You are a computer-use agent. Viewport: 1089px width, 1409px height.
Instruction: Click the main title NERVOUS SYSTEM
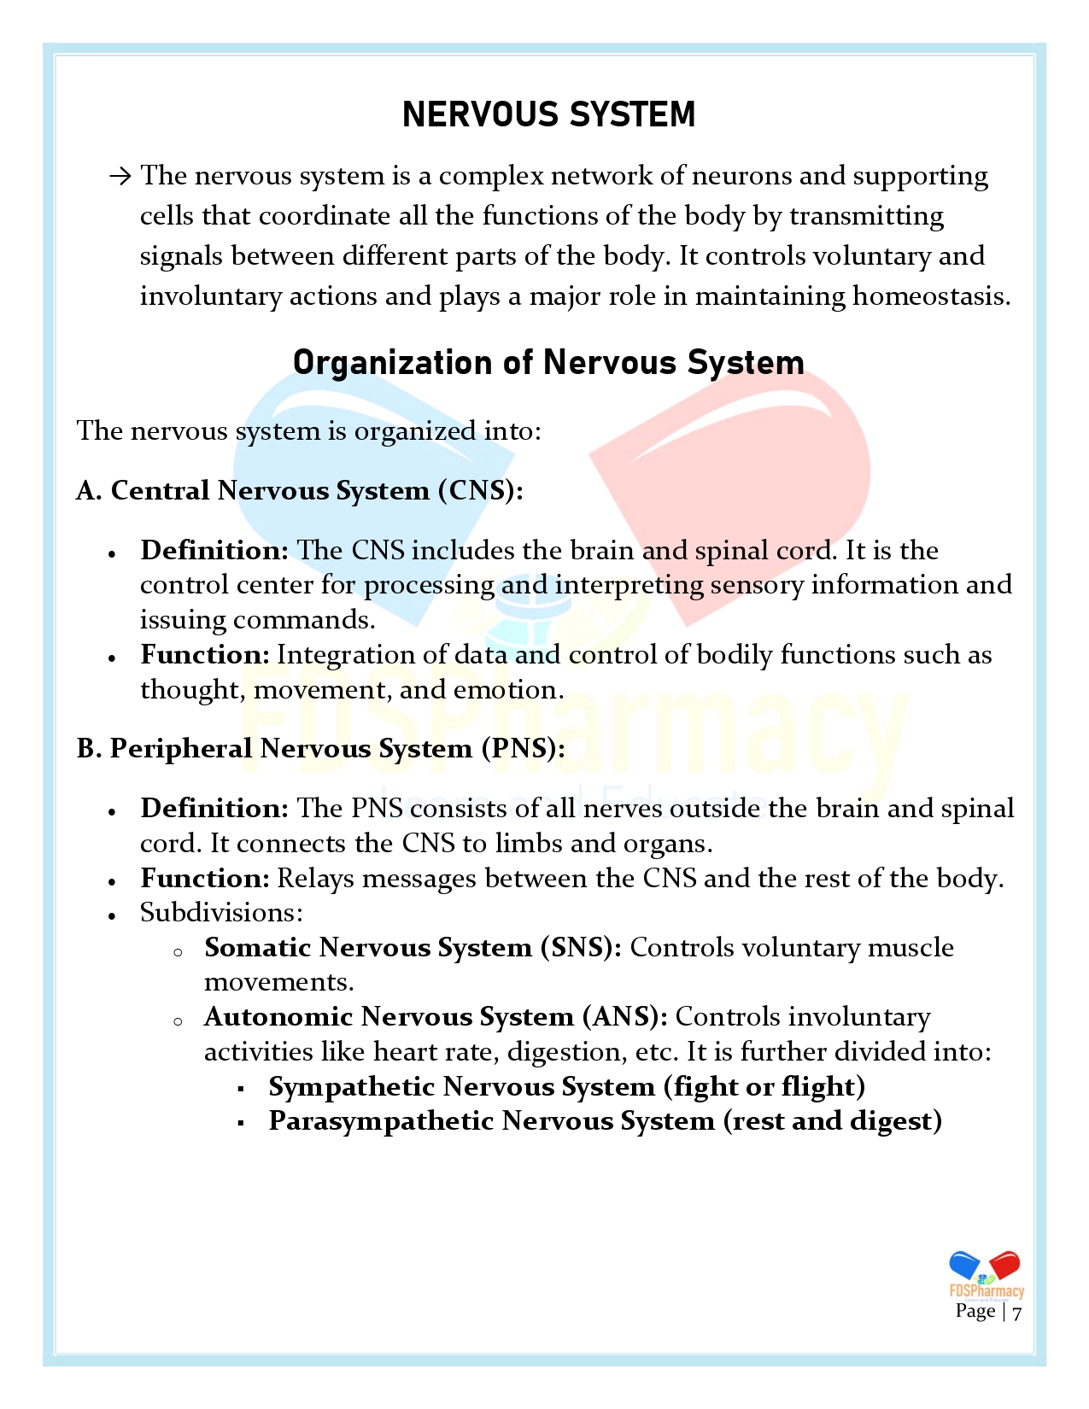[x=548, y=114]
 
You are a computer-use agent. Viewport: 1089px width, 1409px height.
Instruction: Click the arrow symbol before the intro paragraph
[x=120, y=177]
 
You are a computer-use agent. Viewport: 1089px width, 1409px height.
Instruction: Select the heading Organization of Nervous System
[x=548, y=363]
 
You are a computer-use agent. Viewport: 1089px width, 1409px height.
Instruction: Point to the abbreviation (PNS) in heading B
[x=523, y=749]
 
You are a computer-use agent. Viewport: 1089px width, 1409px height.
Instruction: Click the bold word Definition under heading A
[x=214, y=551]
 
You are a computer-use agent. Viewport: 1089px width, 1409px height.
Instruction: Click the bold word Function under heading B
[x=205, y=879]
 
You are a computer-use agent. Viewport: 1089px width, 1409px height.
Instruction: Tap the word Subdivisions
[x=221, y=913]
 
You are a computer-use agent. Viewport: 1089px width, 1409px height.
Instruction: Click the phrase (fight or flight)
[x=764, y=1087]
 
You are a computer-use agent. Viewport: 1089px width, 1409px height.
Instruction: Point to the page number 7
[x=1016, y=1313]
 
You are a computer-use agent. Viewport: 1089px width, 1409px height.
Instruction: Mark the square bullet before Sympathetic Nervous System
[x=242, y=1089]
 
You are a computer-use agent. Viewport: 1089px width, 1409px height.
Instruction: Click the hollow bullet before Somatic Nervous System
[x=178, y=951]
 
